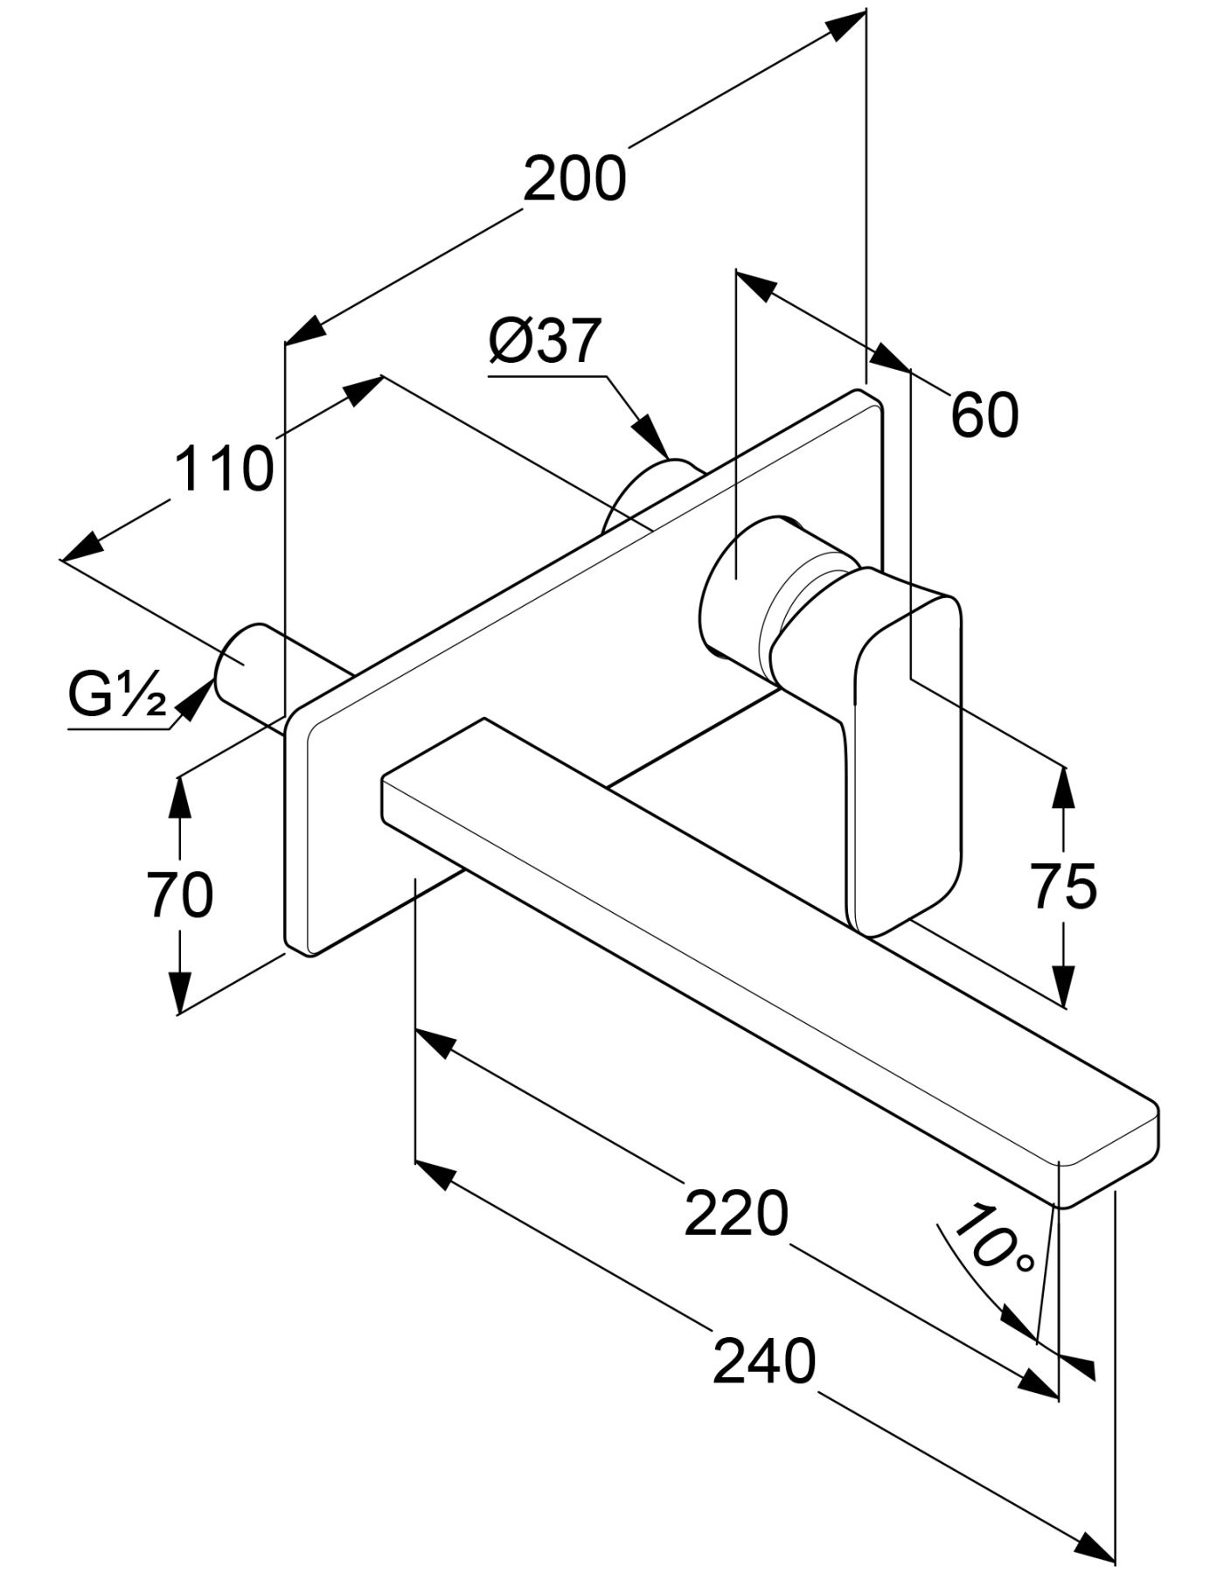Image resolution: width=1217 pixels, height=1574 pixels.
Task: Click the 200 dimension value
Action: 574,178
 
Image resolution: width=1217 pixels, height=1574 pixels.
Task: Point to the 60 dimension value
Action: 984,414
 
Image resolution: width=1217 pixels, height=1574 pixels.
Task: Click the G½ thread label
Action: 117,697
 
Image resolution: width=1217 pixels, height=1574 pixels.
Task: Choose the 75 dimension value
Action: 1063,887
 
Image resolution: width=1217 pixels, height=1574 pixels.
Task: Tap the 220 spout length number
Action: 735,1215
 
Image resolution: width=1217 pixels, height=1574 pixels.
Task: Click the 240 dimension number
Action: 763,1362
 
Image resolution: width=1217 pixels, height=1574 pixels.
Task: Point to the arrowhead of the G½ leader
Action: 196,700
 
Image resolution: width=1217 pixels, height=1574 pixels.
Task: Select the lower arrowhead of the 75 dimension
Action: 1063,988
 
